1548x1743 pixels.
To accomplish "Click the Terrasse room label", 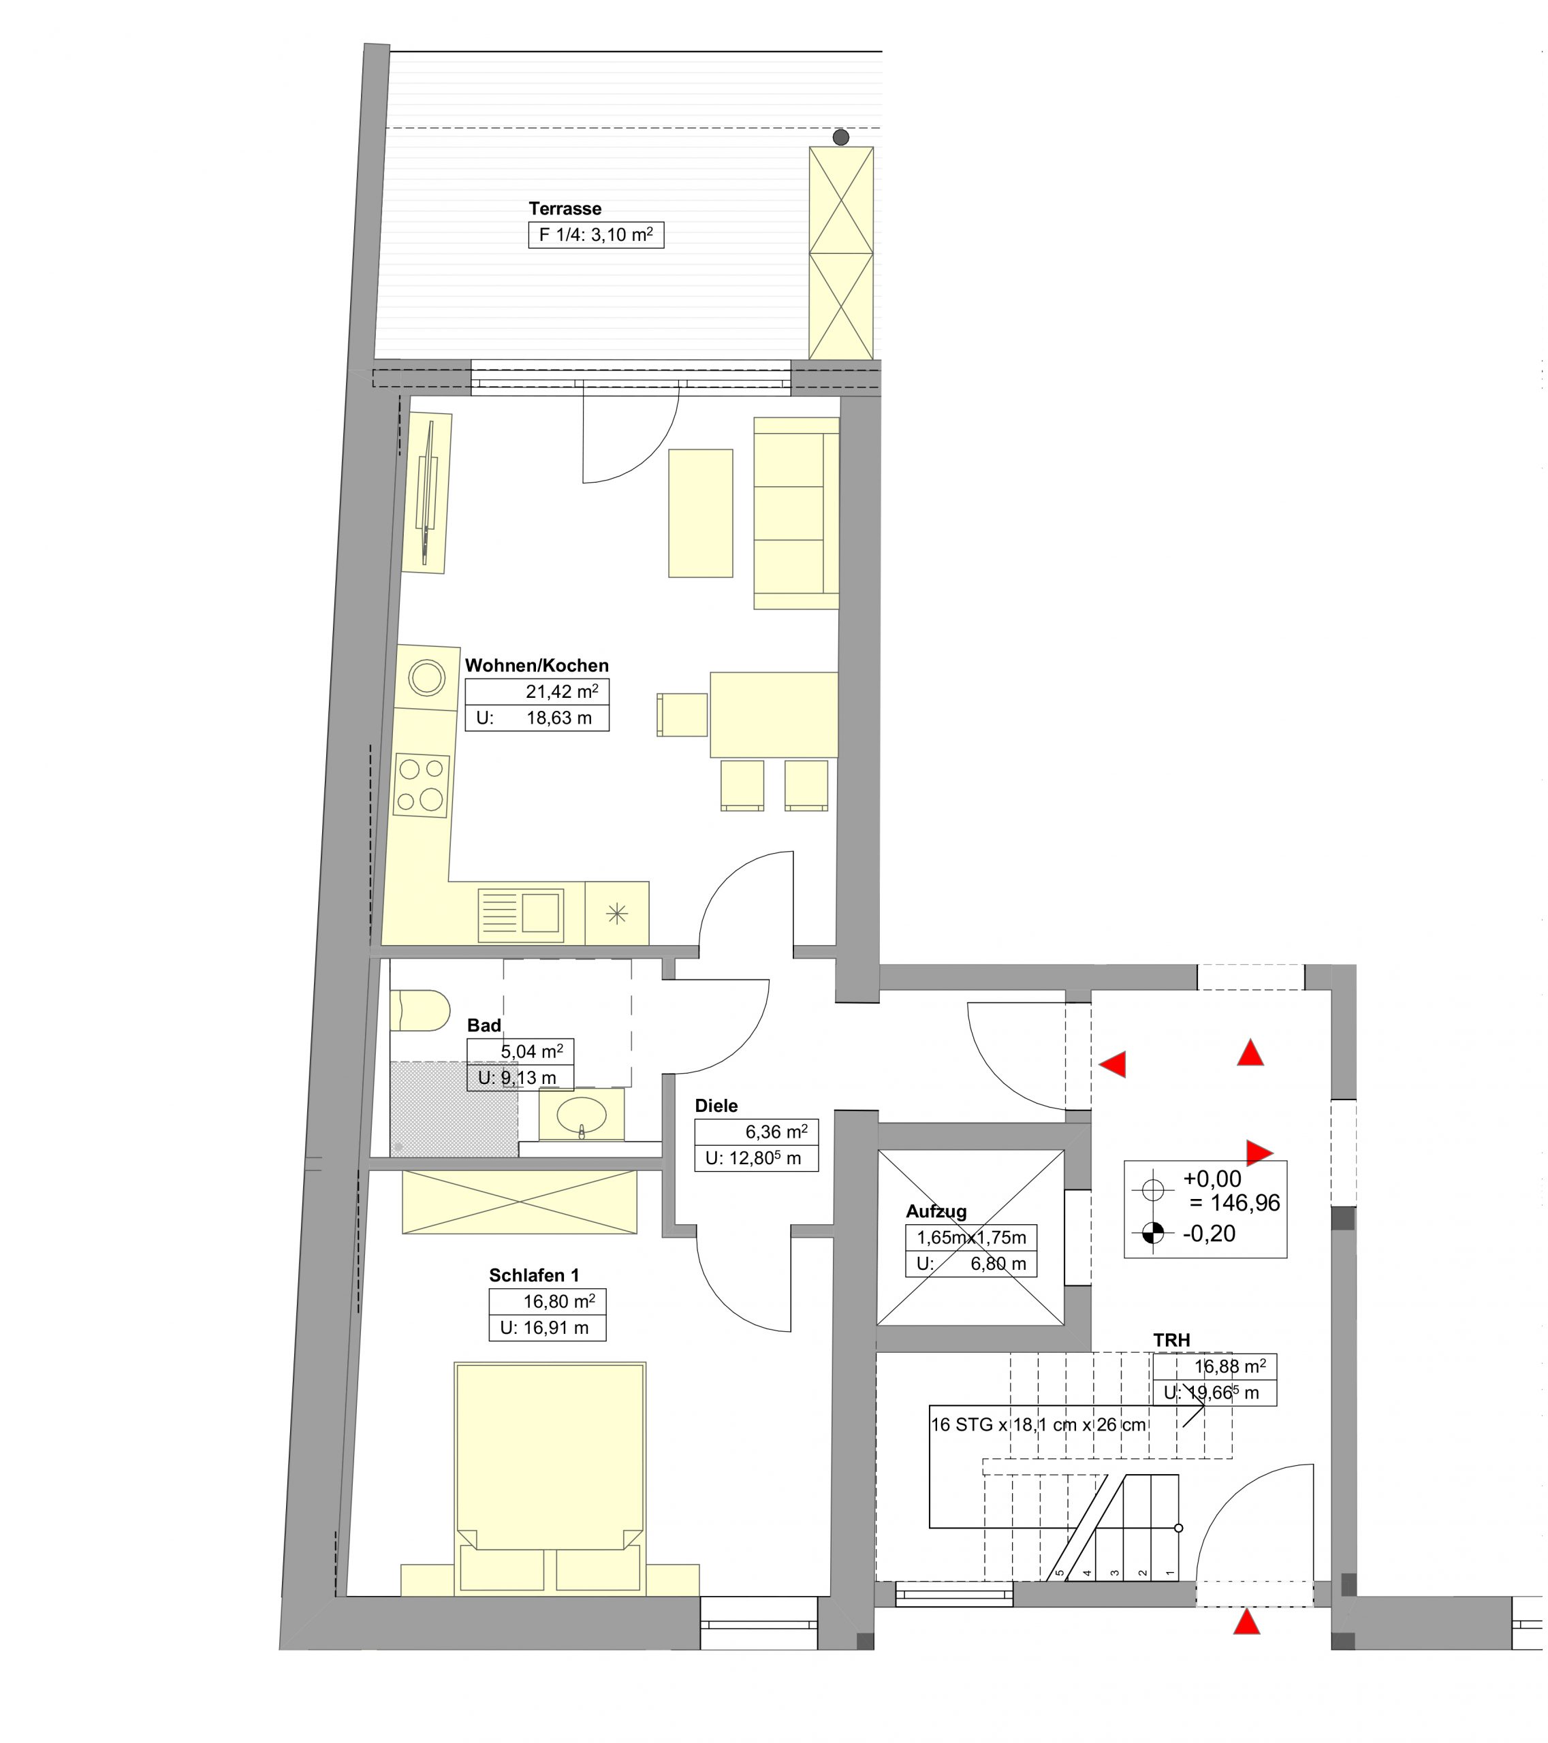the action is click(x=565, y=209).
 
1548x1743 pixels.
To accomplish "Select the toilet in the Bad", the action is click(x=420, y=1010).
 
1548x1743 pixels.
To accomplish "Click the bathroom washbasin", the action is click(x=581, y=1114).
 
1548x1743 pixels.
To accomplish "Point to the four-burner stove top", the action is click(x=422, y=784).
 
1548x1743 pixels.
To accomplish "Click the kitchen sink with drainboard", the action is click(x=520, y=912).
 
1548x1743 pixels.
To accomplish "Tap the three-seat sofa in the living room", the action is click(x=795, y=513).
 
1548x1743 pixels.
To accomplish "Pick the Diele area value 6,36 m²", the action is click(x=776, y=1132).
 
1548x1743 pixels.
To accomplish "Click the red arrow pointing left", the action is click(x=1112, y=1064).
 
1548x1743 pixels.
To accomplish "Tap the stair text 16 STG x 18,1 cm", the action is click(x=992, y=1425).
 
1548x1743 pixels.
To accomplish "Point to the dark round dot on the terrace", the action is click(x=841, y=138).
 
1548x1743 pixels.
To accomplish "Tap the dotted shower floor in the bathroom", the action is click(x=454, y=1108).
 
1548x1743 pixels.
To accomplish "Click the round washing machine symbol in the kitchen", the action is click(x=426, y=678).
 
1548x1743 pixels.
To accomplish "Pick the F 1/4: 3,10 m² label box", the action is click(x=596, y=234).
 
